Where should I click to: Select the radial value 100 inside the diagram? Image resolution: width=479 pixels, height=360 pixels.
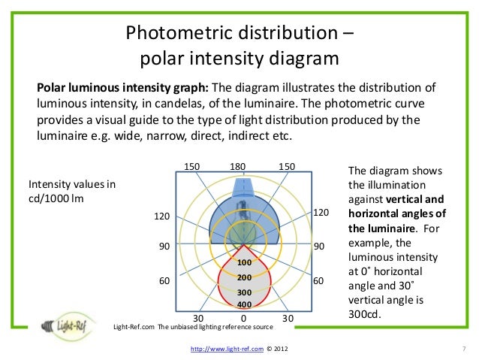pos(243,263)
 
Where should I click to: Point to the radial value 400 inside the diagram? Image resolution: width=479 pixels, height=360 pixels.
pos(243,304)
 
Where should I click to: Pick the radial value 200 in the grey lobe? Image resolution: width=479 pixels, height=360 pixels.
pos(243,277)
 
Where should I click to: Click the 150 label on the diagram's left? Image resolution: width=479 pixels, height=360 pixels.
pos(192,166)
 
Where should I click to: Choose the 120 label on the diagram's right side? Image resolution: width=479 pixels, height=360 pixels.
pos(321,213)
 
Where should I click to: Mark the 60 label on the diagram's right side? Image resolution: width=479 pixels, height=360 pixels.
pos(318,280)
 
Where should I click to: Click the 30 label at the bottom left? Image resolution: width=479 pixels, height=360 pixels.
pos(199,318)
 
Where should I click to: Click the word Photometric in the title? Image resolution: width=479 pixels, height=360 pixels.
pos(176,34)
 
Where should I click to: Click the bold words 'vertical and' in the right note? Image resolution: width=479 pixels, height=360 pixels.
pos(414,199)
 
